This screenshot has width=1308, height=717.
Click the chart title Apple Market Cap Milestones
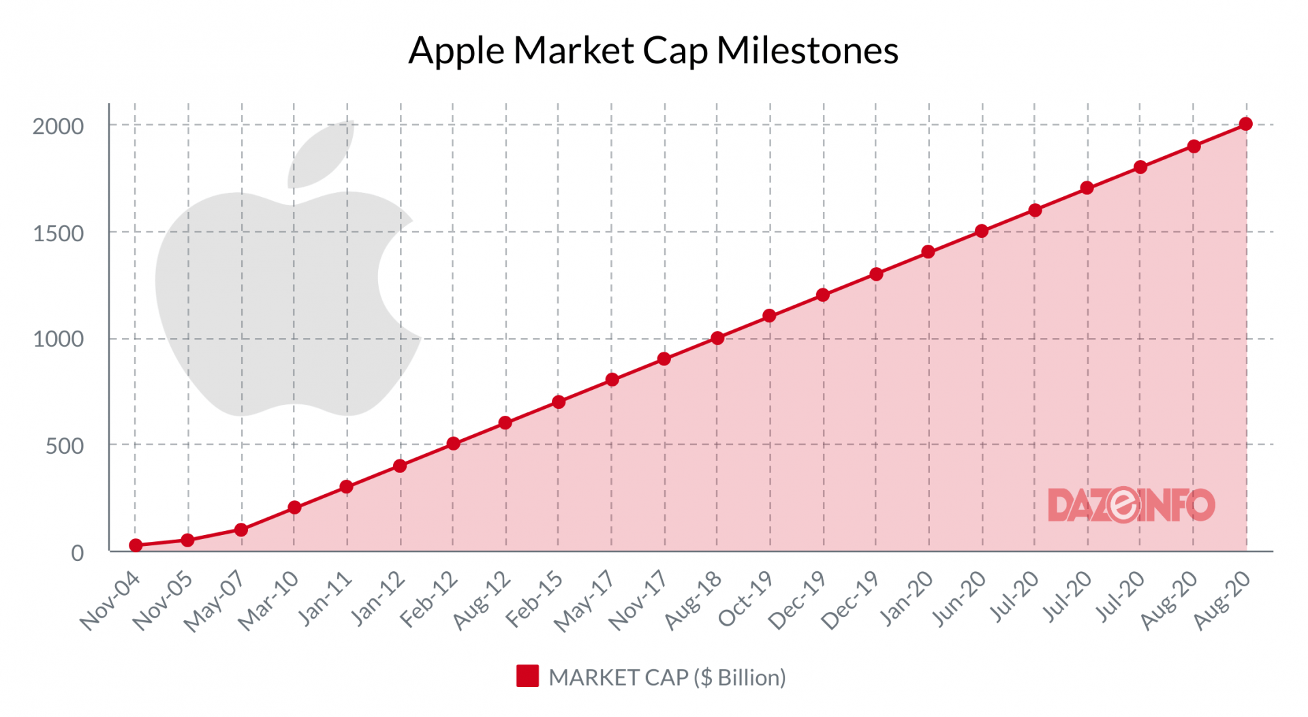point(653,50)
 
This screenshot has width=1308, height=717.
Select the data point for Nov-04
point(136,545)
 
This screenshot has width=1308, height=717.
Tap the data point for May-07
point(241,530)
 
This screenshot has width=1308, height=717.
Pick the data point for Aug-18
point(717,338)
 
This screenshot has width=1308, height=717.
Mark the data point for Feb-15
point(559,402)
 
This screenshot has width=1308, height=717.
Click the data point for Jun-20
point(982,231)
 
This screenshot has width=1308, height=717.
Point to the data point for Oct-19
point(770,316)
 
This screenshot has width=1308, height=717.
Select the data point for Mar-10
point(294,508)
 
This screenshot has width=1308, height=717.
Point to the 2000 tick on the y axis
point(59,126)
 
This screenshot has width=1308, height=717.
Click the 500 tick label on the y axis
point(65,446)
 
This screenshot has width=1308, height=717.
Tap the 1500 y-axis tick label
point(59,234)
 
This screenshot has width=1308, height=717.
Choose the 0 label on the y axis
point(78,553)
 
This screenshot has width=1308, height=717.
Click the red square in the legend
point(527,676)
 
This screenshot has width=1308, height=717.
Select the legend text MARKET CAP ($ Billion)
point(667,677)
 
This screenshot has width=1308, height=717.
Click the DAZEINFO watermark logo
point(1131,505)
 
